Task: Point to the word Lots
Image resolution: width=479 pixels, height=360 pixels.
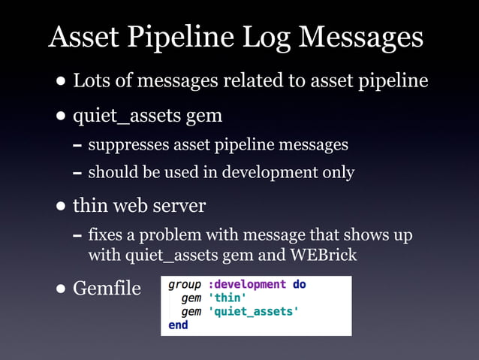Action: [92, 80]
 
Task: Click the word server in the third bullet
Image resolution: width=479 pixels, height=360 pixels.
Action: [182, 205]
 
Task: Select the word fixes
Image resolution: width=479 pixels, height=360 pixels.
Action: [105, 235]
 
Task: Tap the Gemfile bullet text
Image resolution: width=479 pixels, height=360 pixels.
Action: [107, 288]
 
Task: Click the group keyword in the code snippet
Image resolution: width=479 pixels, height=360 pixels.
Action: [184, 285]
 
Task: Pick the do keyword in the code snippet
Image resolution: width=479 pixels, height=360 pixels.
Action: [298, 285]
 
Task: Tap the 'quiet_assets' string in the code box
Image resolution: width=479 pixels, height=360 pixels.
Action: [251, 311]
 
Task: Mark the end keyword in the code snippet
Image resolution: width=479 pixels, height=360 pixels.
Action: [178, 325]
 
